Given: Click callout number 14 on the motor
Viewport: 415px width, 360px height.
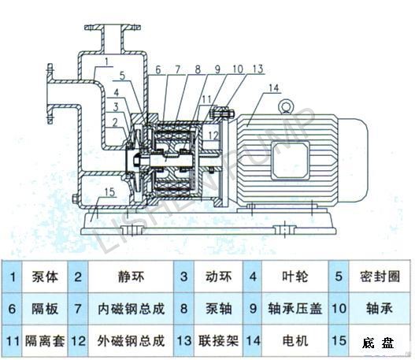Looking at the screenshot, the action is point(274,88).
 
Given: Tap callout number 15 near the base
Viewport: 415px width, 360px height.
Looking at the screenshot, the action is point(109,192).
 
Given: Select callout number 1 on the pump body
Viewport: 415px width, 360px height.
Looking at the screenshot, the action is point(106,62).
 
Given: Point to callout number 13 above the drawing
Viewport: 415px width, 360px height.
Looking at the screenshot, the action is point(258,69).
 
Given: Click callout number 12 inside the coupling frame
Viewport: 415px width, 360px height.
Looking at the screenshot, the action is point(213,135).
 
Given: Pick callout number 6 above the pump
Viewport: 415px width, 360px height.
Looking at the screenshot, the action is point(158,70).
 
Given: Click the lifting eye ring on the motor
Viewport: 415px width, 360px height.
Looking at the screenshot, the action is point(285,106).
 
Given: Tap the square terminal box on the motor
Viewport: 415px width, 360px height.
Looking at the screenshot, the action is point(291,161).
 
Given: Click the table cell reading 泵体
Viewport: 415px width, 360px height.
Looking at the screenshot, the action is point(45,276).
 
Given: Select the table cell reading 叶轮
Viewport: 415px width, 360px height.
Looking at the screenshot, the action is point(295,276).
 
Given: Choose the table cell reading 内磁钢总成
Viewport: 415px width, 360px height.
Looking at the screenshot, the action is point(131,309).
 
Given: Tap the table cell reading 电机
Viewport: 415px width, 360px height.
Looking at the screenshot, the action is point(295,340).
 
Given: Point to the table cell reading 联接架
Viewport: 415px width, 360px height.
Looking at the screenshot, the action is point(219,340).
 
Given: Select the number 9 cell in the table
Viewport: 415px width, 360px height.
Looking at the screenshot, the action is point(253,309).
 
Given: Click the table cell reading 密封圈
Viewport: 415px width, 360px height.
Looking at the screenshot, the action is point(380,276).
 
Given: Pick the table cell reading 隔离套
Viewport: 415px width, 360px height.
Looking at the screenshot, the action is point(45,340).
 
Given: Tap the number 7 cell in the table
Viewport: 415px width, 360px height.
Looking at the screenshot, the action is point(78,309).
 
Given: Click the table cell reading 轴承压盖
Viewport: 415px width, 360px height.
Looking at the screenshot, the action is point(295,309).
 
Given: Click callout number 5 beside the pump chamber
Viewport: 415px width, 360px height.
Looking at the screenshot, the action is point(122,76).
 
